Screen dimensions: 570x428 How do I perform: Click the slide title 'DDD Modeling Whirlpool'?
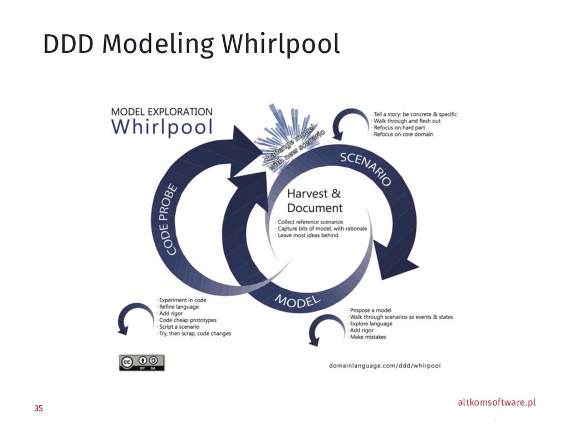click(191, 45)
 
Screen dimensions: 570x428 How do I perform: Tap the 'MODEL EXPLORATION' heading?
click(162, 111)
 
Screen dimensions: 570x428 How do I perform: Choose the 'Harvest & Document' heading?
click(315, 201)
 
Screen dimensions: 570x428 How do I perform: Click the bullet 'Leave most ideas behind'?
click(308, 235)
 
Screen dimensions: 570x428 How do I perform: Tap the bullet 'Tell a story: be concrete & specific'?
click(415, 114)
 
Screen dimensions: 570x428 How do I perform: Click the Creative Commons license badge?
click(141, 362)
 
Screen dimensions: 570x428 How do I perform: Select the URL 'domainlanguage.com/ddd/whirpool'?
click(385, 366)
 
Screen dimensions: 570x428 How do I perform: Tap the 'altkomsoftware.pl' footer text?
click(497, 402)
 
